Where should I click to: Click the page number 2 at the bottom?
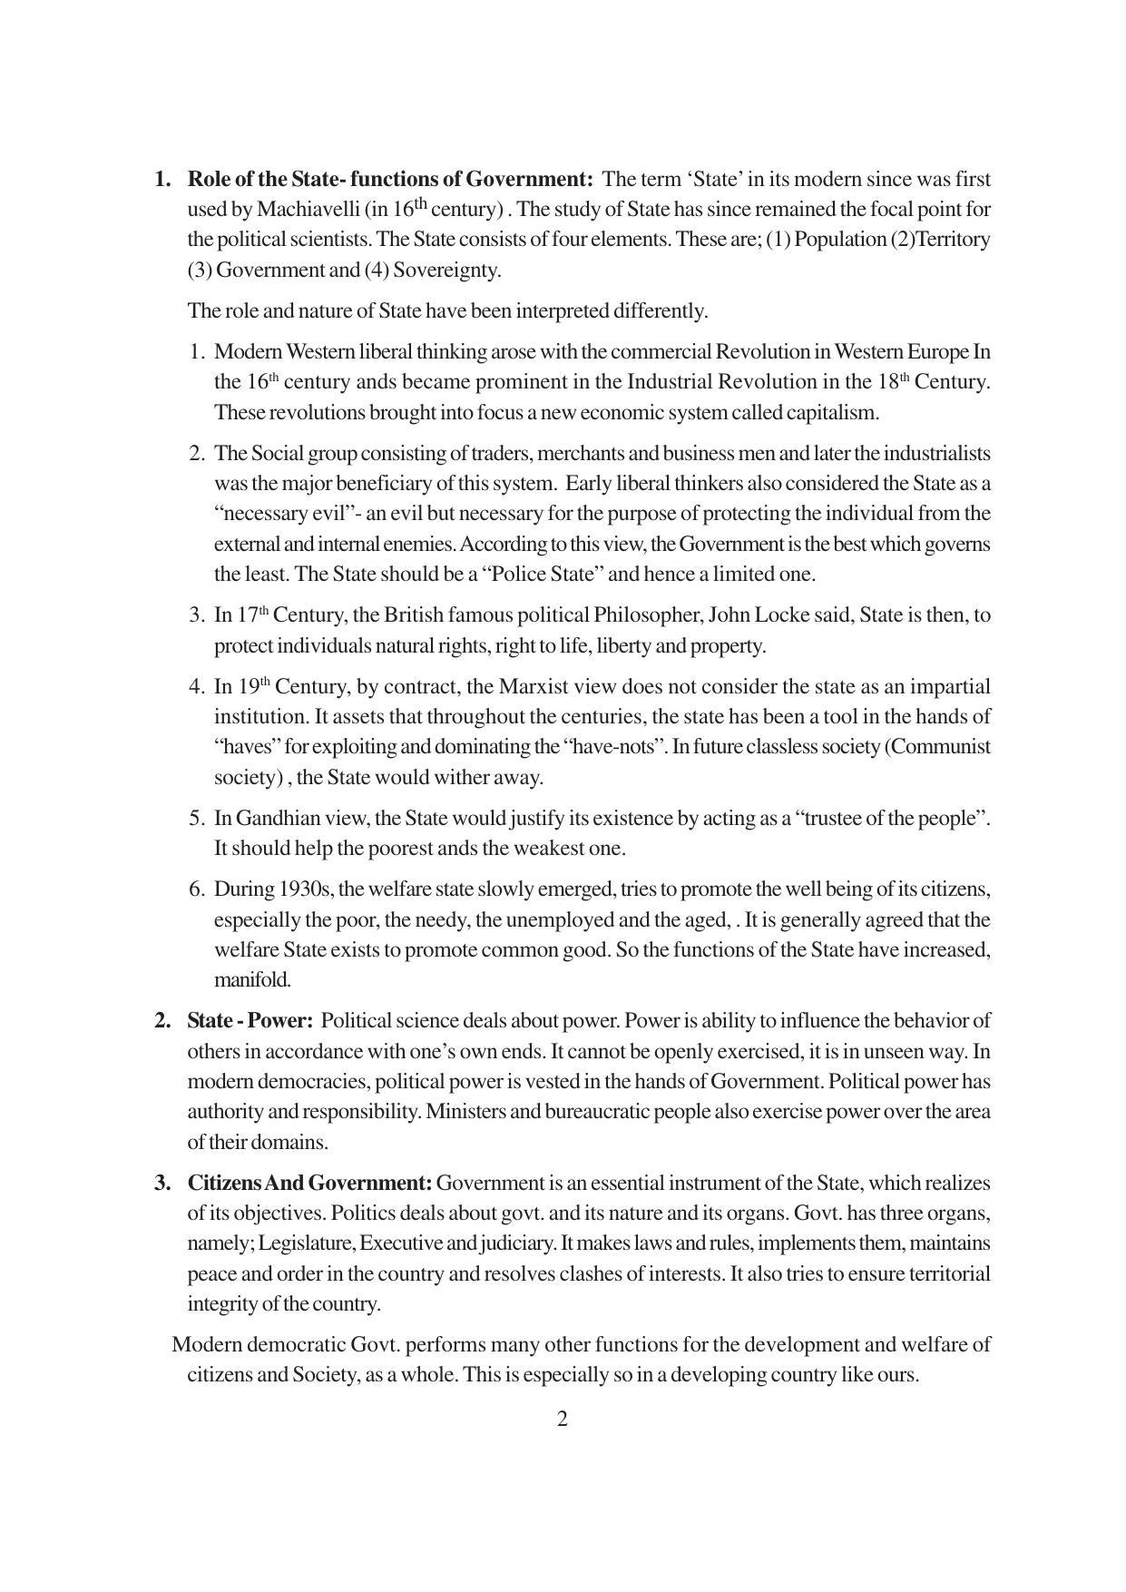click(x=562, y=1420)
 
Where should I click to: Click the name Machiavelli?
click(x=308, y=210)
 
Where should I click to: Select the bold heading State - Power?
click(x=250, y=1021)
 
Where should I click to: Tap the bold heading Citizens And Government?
click(x=309, y=1184)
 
